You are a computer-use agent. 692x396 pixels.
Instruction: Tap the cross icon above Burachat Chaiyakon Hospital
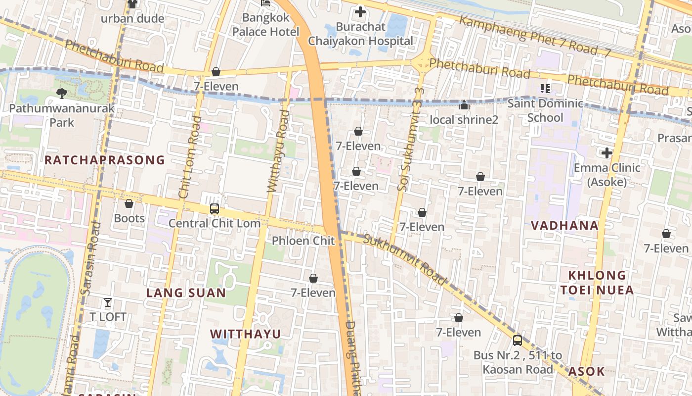tap(360, 12)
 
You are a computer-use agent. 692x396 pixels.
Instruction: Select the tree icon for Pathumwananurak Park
tap(62, 93)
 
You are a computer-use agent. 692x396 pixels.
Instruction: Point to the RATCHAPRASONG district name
tap(104, 160)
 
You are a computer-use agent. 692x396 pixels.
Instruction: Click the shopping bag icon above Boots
tap(129, 203)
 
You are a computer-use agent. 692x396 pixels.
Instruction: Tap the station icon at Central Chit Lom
tap(214, 208)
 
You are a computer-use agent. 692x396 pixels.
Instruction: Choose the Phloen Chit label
tap(303, 241)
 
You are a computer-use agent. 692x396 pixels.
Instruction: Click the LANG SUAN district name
tap(186, 293)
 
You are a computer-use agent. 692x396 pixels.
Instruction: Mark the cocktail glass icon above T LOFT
tap(108, 302)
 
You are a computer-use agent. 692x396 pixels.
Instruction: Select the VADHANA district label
tap(564, 225)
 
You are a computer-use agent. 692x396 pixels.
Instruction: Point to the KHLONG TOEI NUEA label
tap(597, 283)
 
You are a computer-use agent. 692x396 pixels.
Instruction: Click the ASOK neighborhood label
tap(586, 371)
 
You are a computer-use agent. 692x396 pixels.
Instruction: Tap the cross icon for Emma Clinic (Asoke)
tap(607, 153)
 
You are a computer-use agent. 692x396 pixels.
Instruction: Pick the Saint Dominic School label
tap(545, 110)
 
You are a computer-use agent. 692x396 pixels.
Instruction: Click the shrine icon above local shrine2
tap(464, 105)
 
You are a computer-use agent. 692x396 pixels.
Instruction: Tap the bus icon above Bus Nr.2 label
tap(518, 341)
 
